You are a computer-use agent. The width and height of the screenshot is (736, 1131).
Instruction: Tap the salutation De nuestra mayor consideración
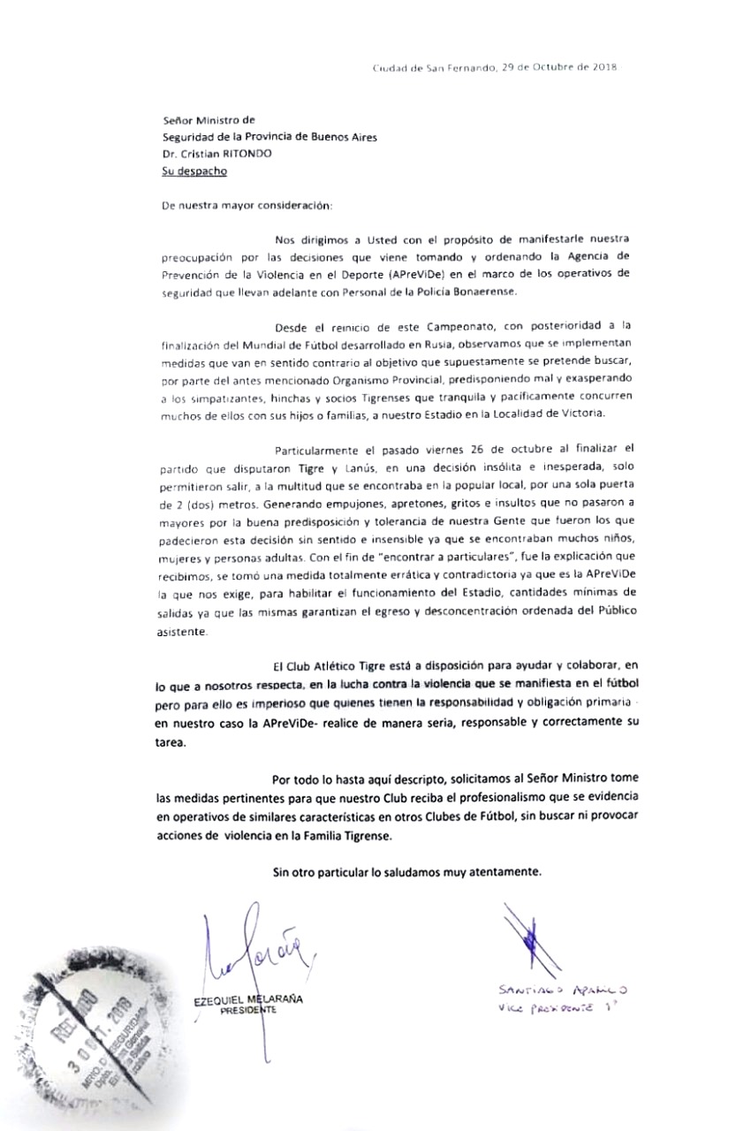click(247, 205)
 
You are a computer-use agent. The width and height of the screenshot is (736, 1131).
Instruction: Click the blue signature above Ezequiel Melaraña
click(256, 954)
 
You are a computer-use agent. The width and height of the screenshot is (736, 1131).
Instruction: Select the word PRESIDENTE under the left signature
click(248, 1013)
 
